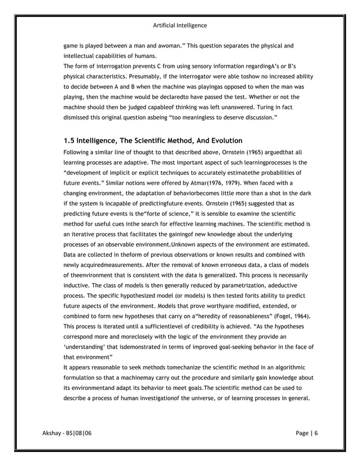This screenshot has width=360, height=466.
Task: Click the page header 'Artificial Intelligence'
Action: tap(180, 25)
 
